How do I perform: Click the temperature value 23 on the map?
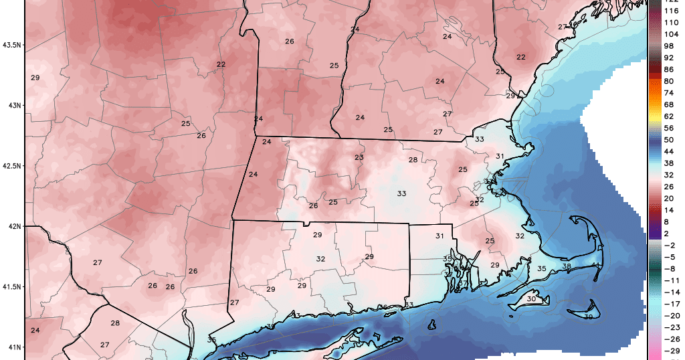click(x=359, y=157)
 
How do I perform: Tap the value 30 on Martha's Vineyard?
click(x=531, y=299)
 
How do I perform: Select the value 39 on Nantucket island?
click(x=588, y=317)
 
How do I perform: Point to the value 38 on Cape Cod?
click(x=566, y=266)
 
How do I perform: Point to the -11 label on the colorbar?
click(x=669, y=281)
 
